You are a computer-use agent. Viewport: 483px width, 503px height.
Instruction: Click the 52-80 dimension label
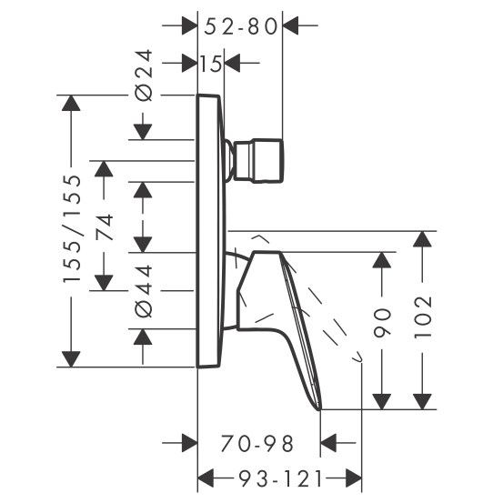coord(240,26)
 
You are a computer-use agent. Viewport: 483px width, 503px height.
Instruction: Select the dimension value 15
coord(211,63)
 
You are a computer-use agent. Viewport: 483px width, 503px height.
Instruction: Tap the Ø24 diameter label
coord(144,75)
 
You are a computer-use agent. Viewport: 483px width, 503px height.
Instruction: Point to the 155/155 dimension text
coord(71,228)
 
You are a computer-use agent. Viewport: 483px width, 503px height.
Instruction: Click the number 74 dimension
coord(104,226)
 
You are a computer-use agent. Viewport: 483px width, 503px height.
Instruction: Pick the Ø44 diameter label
coord(144,291)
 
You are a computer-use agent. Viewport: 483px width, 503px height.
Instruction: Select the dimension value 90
coord(382,323)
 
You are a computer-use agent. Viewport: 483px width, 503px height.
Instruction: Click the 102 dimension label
coord(423,317)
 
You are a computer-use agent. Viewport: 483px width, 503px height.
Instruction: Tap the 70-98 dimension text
coord(257,443)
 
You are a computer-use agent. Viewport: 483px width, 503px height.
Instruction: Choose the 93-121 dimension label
coord(280,478)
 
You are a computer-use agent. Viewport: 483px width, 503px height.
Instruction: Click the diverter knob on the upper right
coord(258,161)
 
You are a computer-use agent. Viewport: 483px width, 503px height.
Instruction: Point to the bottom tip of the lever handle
coord(319,409)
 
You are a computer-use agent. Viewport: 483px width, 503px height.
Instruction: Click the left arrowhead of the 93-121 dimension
coord(206,478)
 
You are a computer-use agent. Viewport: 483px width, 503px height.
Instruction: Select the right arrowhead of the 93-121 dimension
coord(354,478)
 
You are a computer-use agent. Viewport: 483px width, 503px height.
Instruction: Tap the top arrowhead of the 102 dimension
coord(422,239)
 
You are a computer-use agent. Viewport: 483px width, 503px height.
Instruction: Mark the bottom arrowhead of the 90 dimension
coord(382,402)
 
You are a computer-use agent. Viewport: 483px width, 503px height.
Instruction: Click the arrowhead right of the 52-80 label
coord(291,25)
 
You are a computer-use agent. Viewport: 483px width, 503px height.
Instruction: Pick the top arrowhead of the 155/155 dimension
coord(71,103)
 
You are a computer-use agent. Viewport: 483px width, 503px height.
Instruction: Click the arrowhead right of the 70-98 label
coord(328,443)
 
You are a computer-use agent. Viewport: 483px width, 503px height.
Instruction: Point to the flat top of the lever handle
coord(267,252)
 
